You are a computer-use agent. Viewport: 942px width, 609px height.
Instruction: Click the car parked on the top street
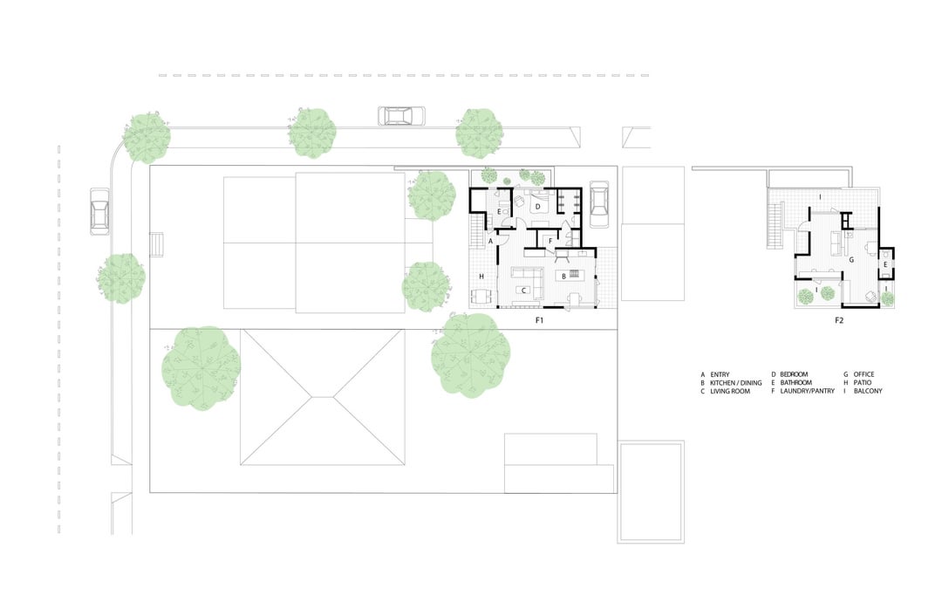(401, 115)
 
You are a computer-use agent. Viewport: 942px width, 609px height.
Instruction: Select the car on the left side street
(99, 211)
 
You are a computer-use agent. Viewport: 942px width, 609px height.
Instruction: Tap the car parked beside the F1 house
(599, 203)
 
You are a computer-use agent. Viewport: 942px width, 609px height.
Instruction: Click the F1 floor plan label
(540, 320)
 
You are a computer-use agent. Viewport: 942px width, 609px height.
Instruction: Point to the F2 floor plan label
(839, 320)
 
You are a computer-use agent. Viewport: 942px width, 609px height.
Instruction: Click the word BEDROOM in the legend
(794, 374)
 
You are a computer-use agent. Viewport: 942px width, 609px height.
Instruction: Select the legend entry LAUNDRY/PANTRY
(807, 391)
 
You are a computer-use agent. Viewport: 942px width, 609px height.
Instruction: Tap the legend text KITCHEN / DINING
(735, 382)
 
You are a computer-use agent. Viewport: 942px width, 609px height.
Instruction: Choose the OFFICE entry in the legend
(863, 374)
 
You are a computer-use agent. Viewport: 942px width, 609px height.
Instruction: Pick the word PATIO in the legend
(862, 382)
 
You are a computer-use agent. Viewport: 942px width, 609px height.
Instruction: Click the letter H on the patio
(481, 277)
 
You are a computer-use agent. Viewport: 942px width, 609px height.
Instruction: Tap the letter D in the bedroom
(538, 206)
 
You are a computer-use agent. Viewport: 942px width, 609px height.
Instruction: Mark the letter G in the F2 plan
(851, 260)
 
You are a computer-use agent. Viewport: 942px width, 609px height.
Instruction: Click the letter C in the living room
(524, 291)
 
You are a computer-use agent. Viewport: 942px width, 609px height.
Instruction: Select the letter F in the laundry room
(550, 241)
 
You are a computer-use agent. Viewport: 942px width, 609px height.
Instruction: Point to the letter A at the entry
(491, 241)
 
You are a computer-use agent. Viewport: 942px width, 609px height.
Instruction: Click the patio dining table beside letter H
(482, 297)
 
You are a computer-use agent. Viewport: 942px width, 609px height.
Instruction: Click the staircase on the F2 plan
(777, 225)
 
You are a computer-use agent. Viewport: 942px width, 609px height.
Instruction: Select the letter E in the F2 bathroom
(885, 264)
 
